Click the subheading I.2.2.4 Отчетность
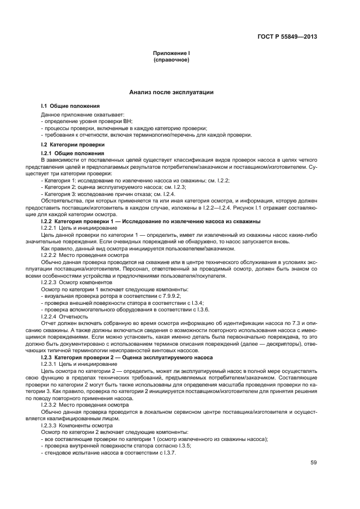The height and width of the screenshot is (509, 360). tap(64, 316)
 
